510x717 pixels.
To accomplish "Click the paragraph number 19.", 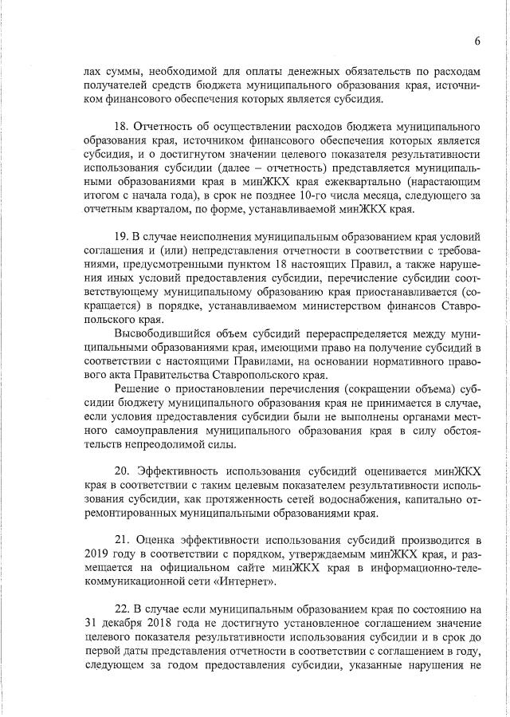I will click(122, 238).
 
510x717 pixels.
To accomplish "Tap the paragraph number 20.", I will click(122, 471).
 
